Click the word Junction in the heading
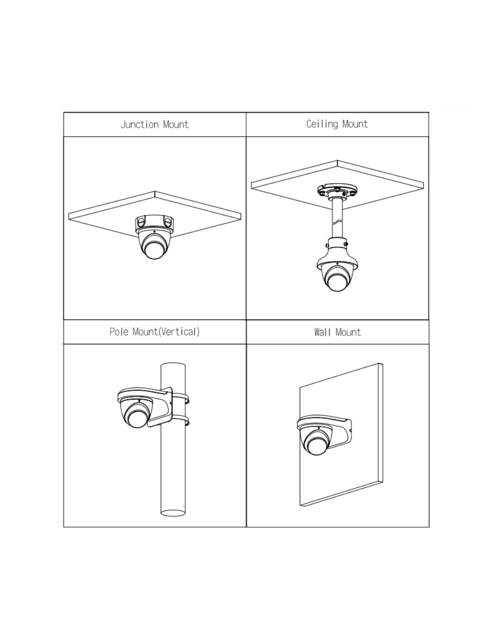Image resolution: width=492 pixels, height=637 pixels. [x=139, y=124]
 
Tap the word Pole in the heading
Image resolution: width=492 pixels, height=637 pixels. [x=119, y=331]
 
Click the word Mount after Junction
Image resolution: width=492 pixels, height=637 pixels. [x=176, y=124]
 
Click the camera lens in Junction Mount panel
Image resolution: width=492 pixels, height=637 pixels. [x=154, y=250]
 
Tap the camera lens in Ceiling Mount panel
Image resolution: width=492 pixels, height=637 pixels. [x=337, y=282]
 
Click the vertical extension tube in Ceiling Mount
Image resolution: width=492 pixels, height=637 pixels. [x=337, y=220]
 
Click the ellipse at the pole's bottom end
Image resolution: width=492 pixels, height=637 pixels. [x=173, y=513]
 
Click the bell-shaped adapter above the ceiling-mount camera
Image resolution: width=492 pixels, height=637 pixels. [x=337, y=254]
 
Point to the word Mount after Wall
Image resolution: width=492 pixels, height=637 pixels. [x=348, y=332]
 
